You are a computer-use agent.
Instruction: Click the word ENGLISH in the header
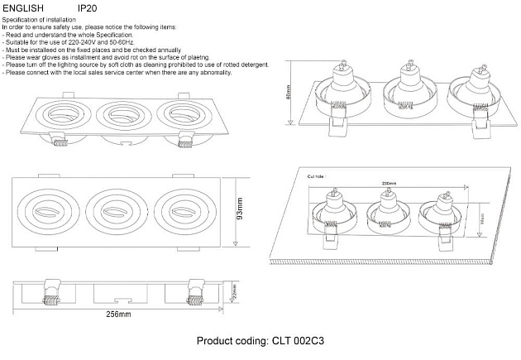20,7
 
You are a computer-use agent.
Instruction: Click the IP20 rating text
87,7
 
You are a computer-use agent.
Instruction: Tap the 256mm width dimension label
118,315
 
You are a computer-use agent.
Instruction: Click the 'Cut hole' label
319,176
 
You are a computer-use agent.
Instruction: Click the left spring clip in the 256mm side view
50,290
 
